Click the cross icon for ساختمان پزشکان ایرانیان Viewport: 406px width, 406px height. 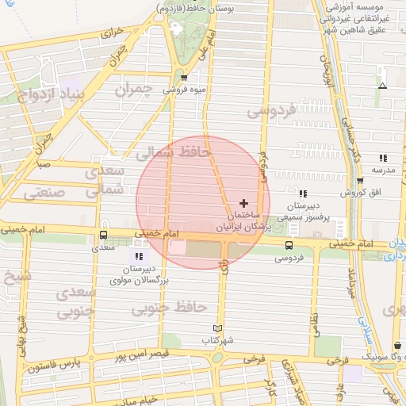[x=243, y=203]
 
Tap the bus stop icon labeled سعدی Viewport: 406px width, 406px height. [x=103, y=235]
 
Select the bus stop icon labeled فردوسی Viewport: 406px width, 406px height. [x=289, y=245]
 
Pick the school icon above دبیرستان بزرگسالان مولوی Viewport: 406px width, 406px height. [x=140, y=256]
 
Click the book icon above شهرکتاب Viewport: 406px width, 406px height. [x=217, y=328]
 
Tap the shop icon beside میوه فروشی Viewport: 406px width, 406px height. [x=184, y=78]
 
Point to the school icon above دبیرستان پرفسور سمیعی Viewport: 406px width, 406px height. [x=303, y=193]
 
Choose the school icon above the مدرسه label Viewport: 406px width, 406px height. [x=383, y=158]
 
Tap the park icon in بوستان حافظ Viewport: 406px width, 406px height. [x=176, y=29]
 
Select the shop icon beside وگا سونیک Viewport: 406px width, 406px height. [x=397, y=346]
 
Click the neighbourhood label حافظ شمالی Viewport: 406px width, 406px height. [x=172, y=151]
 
